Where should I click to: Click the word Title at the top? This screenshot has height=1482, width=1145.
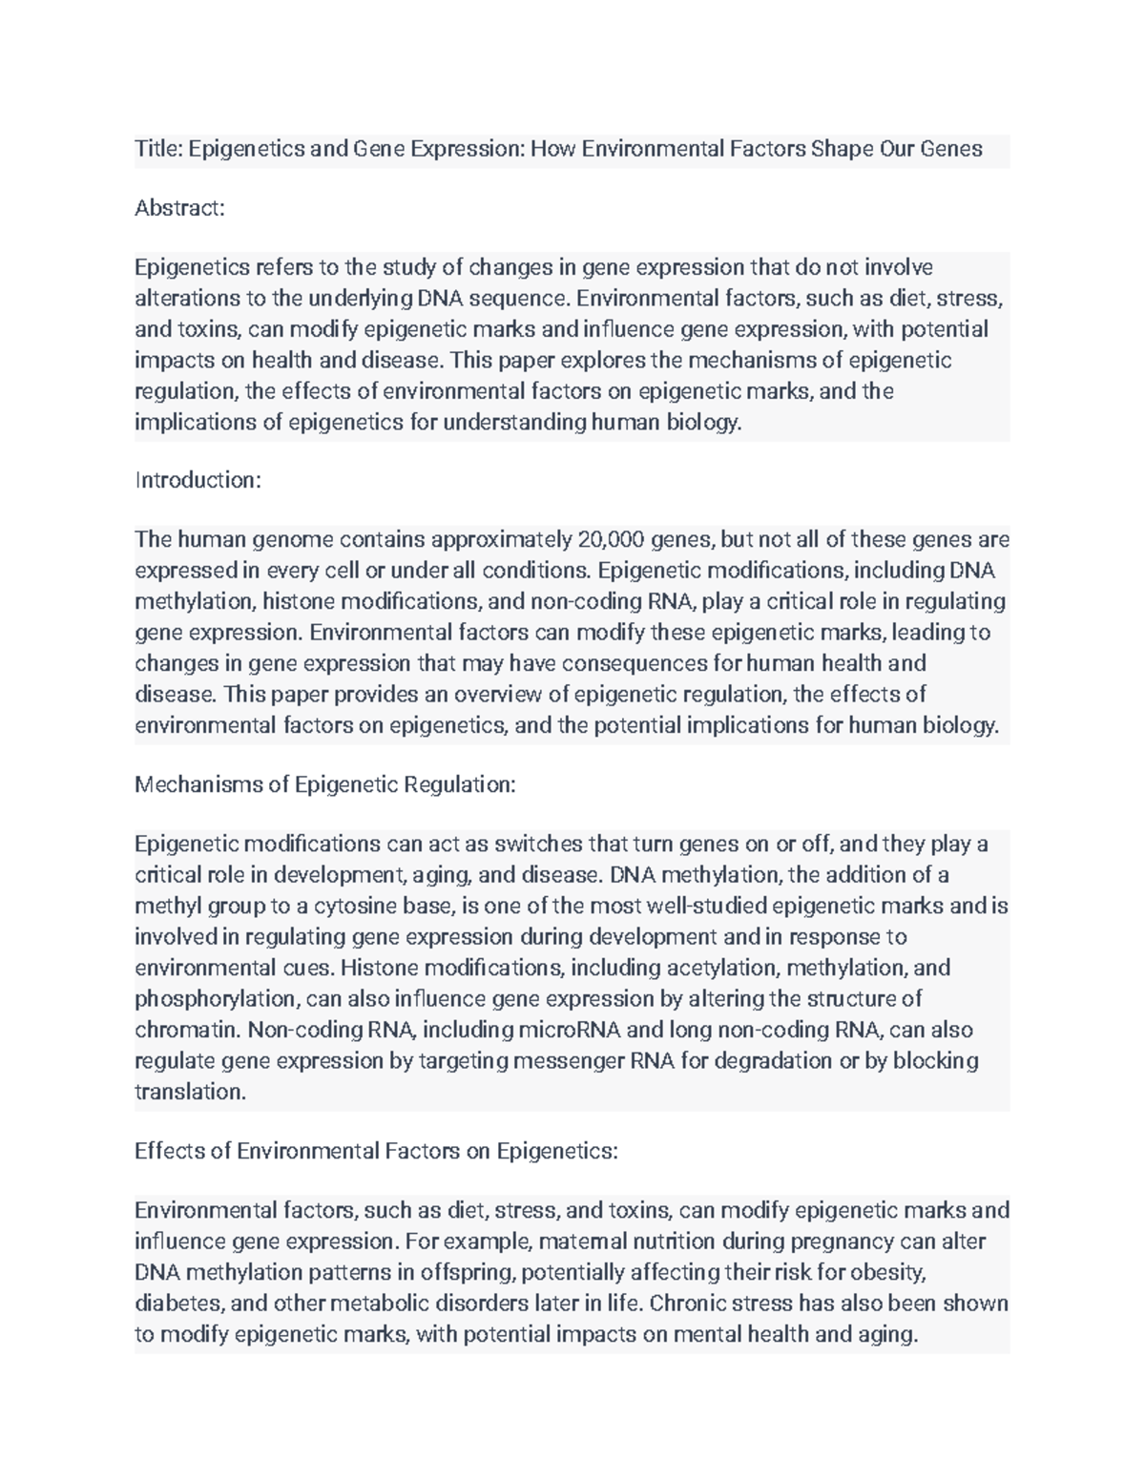point(157,149)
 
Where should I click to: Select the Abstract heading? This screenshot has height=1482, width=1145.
point(179,208)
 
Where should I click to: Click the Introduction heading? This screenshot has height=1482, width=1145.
point(198,479)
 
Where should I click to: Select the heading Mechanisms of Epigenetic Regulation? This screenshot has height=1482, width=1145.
point(324,784)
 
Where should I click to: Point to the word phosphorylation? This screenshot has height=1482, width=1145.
point(216,999)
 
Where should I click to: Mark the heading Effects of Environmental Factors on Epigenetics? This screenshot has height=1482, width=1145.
point(376,1151)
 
